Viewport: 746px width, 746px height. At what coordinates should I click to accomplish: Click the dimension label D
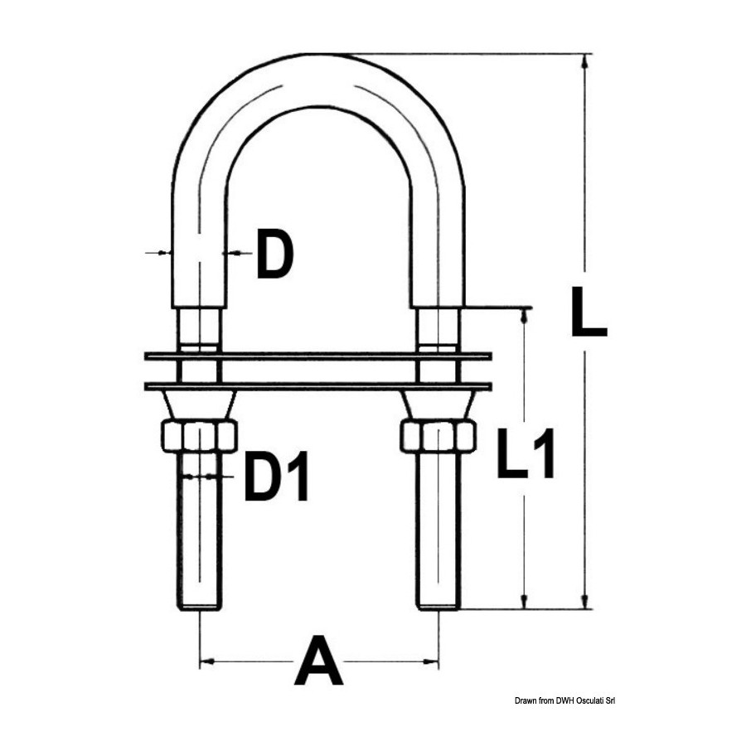tap(275, 254)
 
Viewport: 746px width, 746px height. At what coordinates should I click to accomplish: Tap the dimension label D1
tap(276, 477)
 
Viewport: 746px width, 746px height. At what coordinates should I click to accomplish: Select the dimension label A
tap(319, 660)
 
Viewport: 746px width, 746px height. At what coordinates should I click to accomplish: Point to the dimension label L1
tap(526, 453)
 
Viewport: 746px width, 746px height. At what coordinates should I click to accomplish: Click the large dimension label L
tap(589, 311)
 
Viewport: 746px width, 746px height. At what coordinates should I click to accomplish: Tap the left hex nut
tap(199, 436)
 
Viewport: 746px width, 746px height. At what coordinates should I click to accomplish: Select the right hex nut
tap(438, 436)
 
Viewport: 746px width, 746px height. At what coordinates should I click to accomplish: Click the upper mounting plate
tap(317, 356)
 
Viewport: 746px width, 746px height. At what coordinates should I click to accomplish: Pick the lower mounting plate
tap(317, 386)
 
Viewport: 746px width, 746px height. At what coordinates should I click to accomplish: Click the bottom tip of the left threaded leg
tap(199, 609)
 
